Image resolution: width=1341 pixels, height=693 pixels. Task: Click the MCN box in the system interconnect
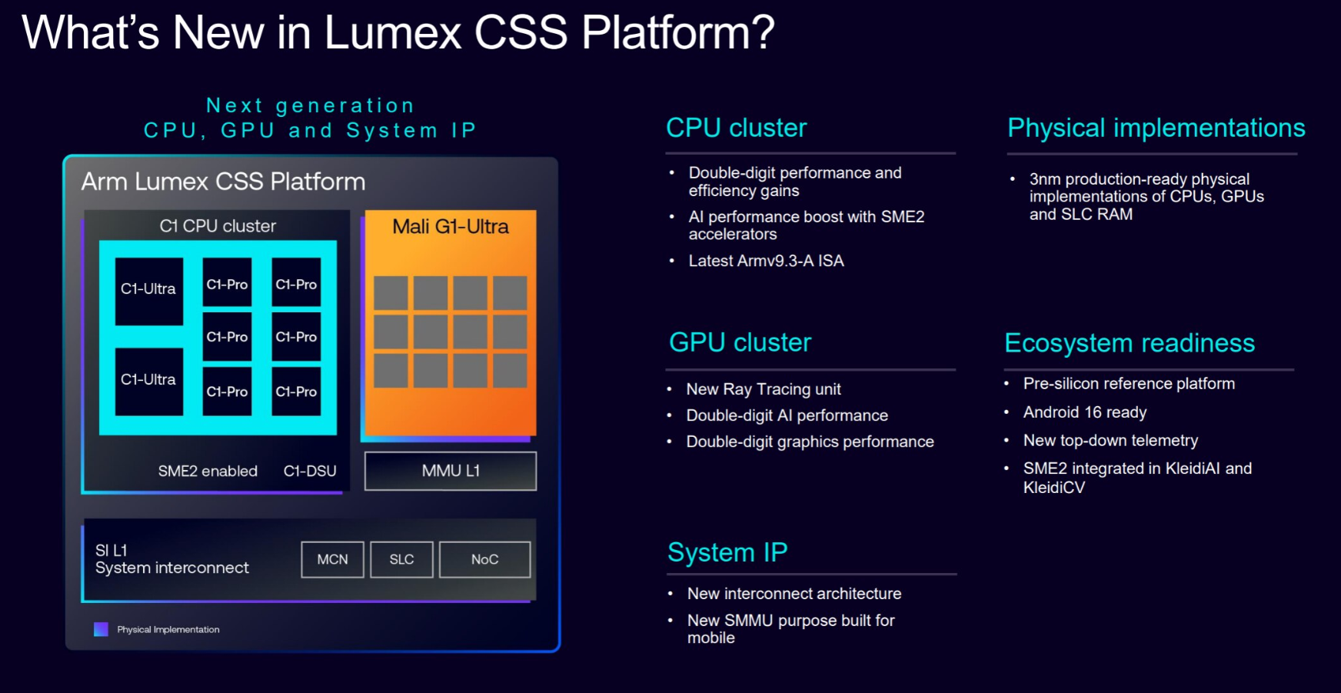(332, 559)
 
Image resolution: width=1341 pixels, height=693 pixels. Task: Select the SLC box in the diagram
(401, 559)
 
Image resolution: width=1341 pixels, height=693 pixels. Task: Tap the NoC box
(484, 559)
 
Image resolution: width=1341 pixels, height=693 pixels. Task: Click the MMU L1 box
(451, 471)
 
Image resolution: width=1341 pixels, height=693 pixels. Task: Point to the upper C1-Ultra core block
(149, 290)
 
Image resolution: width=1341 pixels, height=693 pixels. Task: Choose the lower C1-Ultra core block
(149, 381)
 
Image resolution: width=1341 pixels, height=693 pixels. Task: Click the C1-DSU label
(310, 471)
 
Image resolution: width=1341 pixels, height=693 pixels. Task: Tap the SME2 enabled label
(208, 471)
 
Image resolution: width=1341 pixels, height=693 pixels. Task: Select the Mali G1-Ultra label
(451, 227)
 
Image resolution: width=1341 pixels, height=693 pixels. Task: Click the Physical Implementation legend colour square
(101, 629)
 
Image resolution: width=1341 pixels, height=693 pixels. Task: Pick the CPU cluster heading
(736, 128)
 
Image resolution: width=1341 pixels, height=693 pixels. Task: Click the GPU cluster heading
(740, 342)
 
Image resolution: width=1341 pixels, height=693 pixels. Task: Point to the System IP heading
(727, 552)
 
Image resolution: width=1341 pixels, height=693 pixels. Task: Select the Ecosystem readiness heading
(1129, 343)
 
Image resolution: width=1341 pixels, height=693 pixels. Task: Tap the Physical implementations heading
(1156, 128)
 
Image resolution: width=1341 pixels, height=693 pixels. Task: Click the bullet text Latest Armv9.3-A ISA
(766, 261)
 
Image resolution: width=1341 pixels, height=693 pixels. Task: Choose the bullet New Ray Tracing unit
(763, 389)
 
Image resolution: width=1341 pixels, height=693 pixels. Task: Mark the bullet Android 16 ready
(1084, 412)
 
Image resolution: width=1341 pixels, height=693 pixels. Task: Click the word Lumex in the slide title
(392, 33)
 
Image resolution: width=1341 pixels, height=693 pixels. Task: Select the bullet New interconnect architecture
(794, 594)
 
